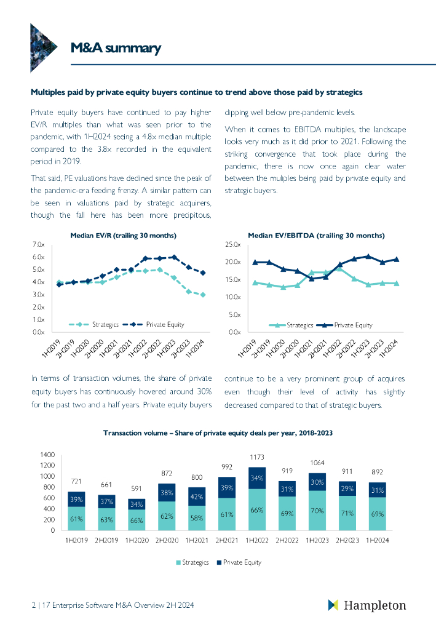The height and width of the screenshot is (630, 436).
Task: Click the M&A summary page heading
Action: (115, 49)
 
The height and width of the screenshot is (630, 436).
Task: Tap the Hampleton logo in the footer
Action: (367, 605)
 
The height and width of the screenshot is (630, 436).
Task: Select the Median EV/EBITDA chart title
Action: (316, 236)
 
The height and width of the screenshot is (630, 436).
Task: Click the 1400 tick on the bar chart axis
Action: (47, 455)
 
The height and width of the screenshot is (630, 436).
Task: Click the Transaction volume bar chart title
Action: (218, 433)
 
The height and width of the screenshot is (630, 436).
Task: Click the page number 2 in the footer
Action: (33, 606)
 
